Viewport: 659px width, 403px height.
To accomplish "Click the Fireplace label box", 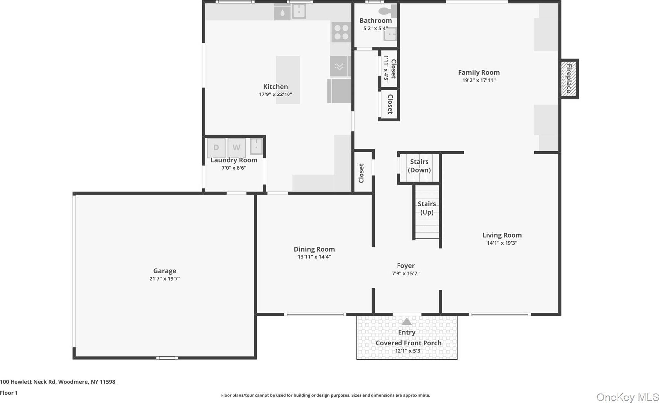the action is tap(569, 79).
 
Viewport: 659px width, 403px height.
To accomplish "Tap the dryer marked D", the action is tap(216, 148).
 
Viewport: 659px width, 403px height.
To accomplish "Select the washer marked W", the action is tap(236, 148).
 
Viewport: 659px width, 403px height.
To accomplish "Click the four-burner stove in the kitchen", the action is tap(342, 32).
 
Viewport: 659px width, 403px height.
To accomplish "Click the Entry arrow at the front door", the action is tap(407, 322).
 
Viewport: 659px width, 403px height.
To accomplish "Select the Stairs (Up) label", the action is tap(427, 208).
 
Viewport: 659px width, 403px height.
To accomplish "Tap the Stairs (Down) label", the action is tap(419, 166).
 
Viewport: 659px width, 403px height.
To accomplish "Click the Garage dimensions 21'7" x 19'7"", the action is tap(165, 279).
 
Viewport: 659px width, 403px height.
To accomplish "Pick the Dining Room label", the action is tap(314, 249).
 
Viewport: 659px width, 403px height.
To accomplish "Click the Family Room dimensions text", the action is tap(479, 80).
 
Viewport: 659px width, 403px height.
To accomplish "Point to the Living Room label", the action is tap(502, 235).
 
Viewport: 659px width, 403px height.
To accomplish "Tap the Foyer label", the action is tap(406, 266).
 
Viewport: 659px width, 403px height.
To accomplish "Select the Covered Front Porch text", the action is tap(408, 343).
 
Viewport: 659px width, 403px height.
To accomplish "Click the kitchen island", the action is tap(288, 80).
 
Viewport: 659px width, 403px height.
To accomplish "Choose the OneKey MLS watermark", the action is tap(628, 397).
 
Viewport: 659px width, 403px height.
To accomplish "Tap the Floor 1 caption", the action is tap(9, 393).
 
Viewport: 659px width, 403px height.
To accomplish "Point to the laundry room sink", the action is tap(256, 147).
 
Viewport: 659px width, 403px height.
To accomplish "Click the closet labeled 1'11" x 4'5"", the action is tap(389, 69).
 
